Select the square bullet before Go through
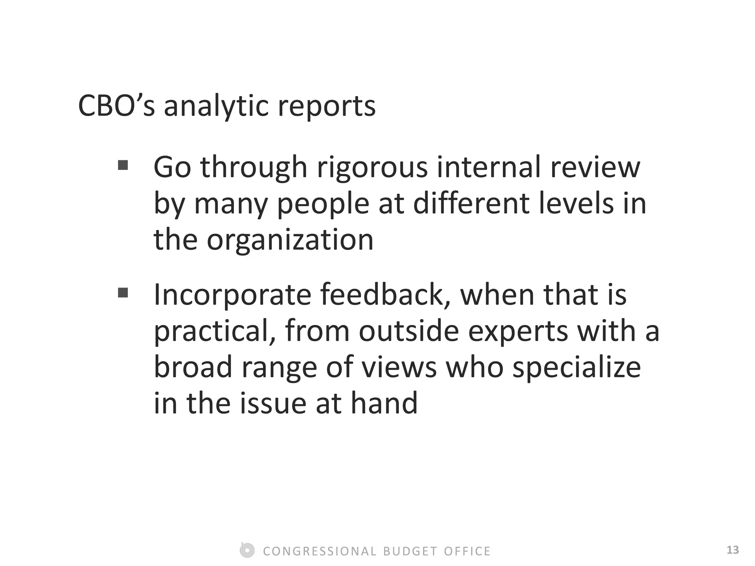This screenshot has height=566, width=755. click(123, 165)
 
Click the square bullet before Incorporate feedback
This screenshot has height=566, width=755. click(123, 293)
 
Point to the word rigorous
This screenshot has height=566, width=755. click(372, 168)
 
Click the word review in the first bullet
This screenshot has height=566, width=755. click(595, 167)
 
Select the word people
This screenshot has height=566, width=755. click(323, 205)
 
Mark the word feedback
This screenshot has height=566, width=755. click(385, 295)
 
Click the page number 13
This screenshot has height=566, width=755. click(733, 550)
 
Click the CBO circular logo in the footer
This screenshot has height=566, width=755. click(247, 550)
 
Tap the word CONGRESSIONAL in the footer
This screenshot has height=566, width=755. click(320, 551)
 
